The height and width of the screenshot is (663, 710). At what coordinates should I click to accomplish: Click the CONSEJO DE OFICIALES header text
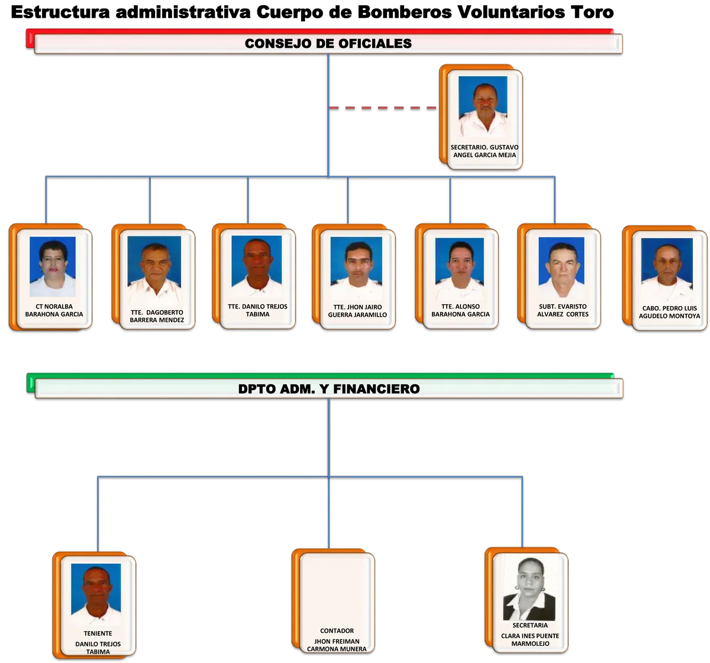[328, 44]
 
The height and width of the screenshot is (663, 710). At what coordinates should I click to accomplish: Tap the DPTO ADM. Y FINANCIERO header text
[329, 389]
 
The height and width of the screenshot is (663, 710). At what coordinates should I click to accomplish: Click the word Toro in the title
[592, 12]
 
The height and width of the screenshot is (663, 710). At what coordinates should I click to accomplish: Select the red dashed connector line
[382, 108]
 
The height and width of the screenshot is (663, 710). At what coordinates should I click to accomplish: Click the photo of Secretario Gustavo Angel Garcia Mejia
[483, 106]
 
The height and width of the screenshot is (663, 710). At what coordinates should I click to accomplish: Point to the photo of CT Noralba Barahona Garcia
[53, 266]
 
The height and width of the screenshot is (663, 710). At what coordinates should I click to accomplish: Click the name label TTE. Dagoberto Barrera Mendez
[157, 316]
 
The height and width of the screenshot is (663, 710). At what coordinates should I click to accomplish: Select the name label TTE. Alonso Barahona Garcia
[460, 310]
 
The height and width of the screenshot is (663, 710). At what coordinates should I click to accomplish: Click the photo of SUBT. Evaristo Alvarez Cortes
[561, 266]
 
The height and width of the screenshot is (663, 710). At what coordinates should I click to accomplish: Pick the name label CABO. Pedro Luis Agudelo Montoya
[669, 312]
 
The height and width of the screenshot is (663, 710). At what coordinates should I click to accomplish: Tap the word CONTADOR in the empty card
[337, 631]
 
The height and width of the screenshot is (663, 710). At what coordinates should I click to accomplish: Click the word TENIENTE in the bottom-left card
[98, 633]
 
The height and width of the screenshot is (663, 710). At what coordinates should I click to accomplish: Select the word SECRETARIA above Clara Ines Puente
[530, 625]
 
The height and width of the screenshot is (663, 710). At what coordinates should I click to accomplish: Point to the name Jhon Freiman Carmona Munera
[337, 645]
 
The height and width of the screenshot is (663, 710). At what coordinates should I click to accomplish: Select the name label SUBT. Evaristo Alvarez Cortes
[563, 310]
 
